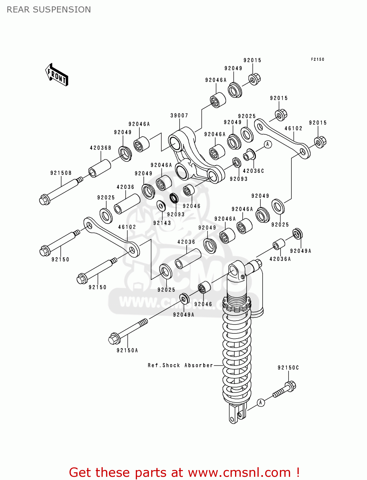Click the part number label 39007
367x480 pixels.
point(179,116)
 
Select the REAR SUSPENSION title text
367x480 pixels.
point(49,10)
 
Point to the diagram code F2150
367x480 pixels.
point(317,59)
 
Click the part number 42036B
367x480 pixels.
point(100,148)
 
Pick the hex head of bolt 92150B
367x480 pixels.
point(44,200)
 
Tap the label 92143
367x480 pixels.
point(162,223)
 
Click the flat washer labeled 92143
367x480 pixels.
point(161,206)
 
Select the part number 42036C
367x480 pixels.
point(253,171)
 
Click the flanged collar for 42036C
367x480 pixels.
point(249,155)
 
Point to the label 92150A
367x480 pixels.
point(127,350)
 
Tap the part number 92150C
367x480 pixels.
point(288,368)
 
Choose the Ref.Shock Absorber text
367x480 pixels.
point(180,365)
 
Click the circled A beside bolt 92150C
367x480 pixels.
point(261,403)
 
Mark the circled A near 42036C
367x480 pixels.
point(268,144)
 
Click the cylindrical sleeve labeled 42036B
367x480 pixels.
point(100,168)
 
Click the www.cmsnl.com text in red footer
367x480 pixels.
point(239,472)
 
